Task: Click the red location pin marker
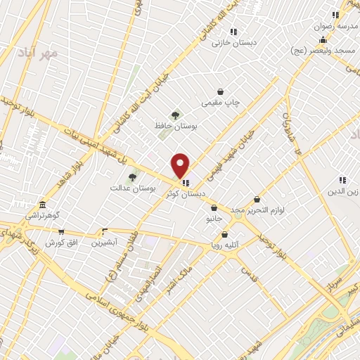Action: tap(181, 165)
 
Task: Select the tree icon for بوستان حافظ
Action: tap(175, 115)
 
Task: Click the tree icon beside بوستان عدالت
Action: tap(132, 177)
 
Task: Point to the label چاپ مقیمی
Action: tap(221, 103)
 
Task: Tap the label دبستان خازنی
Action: tap(232, 42)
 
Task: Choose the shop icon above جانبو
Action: tap(214, 207)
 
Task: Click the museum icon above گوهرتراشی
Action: tap(43, 204)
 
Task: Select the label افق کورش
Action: tap(60, 243)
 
